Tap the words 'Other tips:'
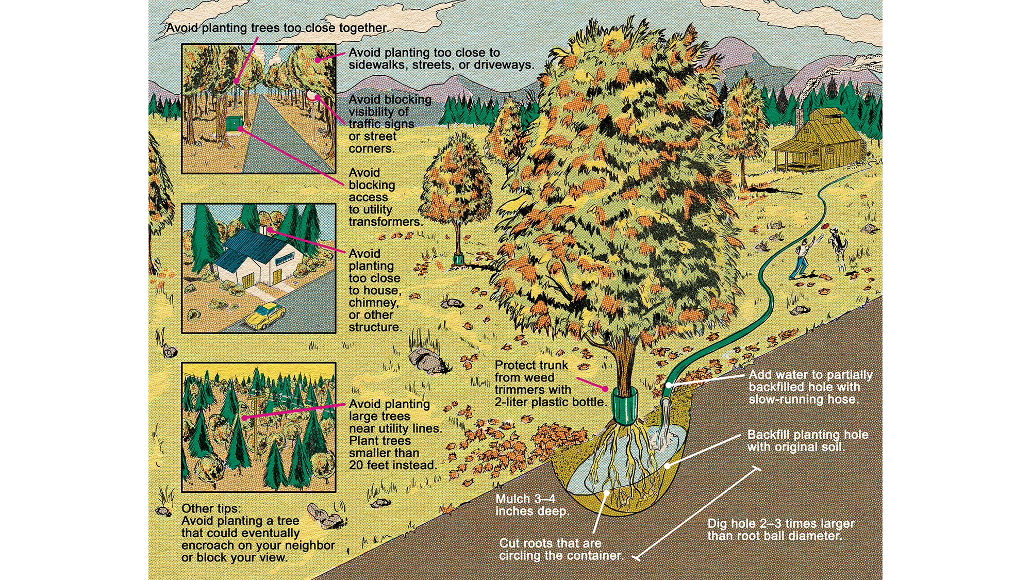point(211,508)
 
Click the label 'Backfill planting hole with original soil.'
point(807,441)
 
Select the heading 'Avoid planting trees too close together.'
point(276,28)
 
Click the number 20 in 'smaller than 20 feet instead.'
point(357,465)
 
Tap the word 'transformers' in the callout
point(385,222)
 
